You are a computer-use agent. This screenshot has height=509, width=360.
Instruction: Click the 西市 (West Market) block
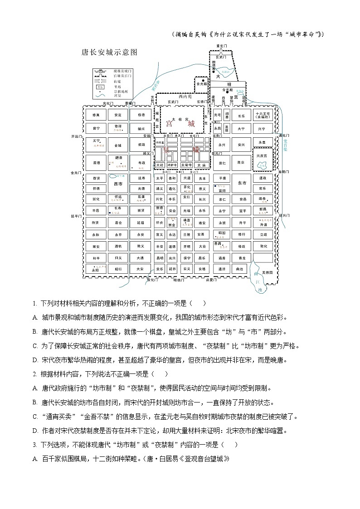(x=118, y=184)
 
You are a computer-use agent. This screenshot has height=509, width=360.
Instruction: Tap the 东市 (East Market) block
(x=241, y=183)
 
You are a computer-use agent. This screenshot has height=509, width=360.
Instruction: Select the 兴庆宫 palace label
(x=263, y=155)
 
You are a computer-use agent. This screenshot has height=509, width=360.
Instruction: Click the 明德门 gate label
(x=180, y=280)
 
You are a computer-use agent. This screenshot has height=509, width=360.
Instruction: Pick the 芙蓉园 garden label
(x=268, y=272)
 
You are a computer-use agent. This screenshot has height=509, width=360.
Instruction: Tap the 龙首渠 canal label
(x=285, y=145)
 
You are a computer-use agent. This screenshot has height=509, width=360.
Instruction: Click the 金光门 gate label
(x=76, y=173)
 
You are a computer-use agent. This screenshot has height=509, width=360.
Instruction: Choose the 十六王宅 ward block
(x=263, y=115)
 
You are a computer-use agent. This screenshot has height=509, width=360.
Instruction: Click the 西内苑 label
(x=185, y=96)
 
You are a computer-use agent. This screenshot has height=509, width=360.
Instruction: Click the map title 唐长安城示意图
(x=109, y=52)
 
